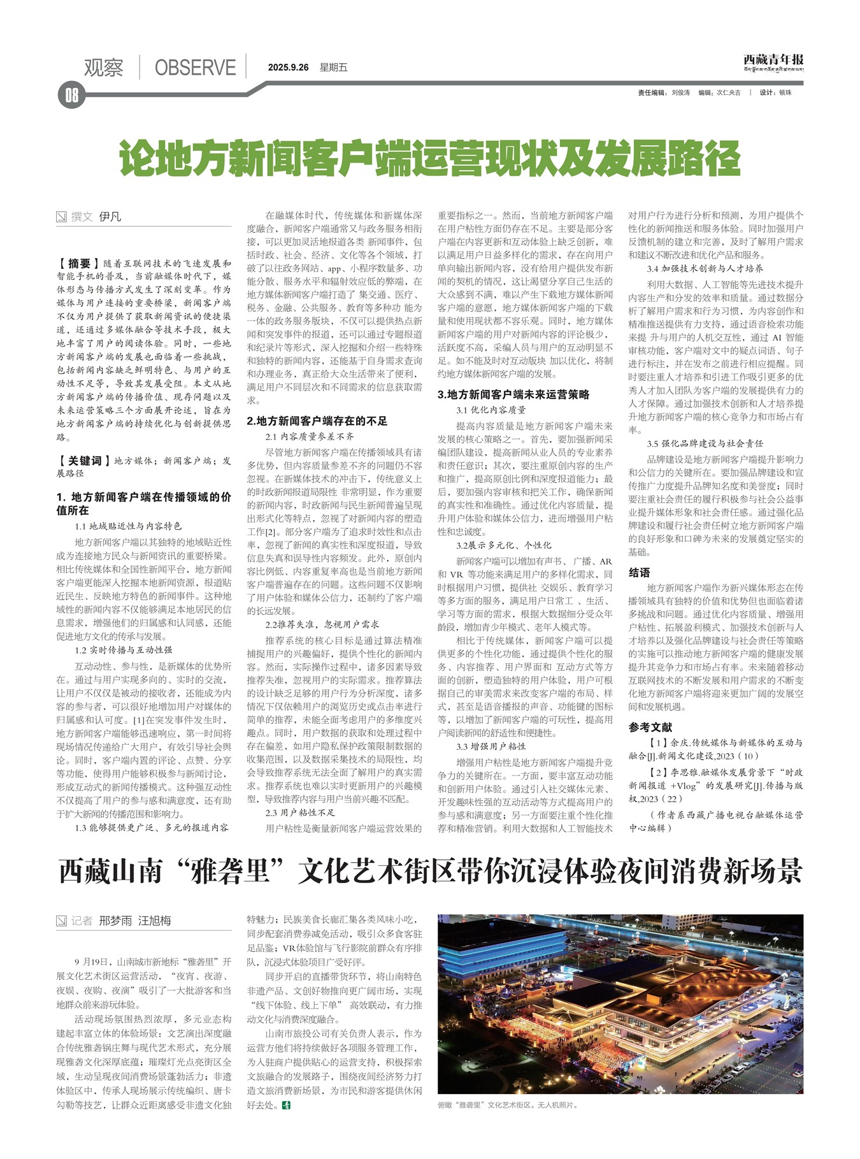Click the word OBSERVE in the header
(195, 68)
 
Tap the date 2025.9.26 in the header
(288, 68)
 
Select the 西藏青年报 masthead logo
(773, 61)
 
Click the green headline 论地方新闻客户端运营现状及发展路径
(431, 159)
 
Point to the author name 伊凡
(110, 217)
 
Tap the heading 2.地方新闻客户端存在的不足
(317, 421)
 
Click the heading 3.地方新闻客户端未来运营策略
(513, 394)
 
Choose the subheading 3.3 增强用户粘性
(491, 746)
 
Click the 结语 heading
(639, 572)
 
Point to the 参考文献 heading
(650, 727)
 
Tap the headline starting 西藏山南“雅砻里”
(430, 872)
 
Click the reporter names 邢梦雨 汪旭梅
(135, 921)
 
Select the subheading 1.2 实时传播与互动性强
(123, 650)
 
